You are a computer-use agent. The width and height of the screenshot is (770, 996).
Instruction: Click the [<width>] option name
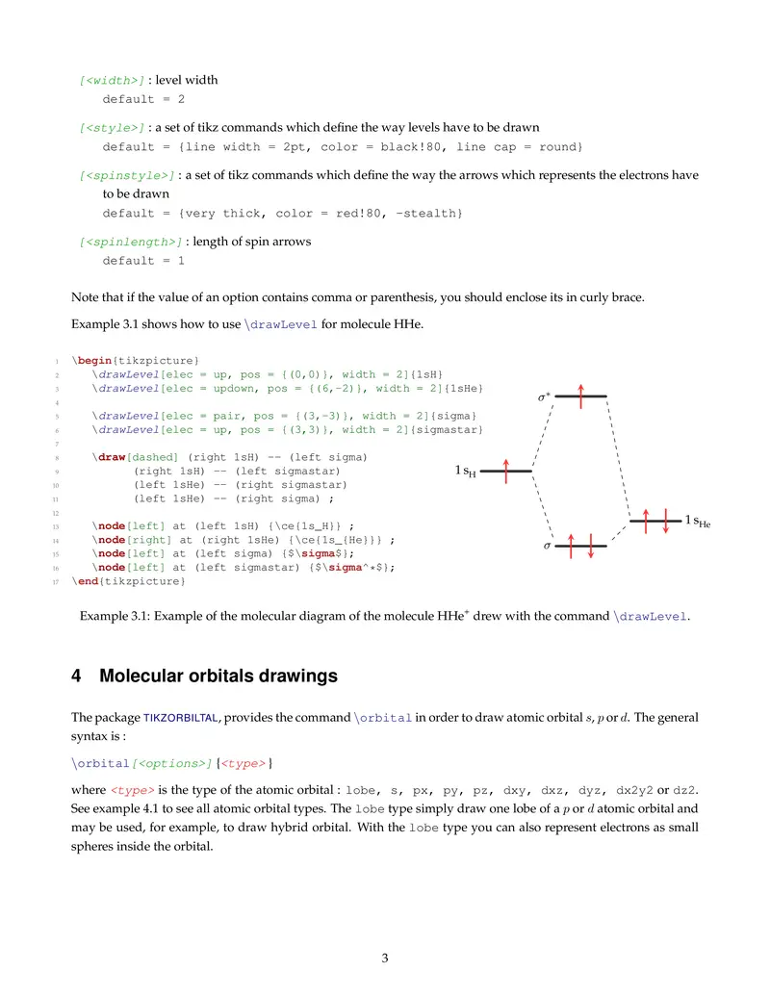pyautogui.click(x=112, y=80)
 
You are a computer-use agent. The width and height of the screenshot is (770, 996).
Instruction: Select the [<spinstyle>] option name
pyautogui.click(x=127, y=175)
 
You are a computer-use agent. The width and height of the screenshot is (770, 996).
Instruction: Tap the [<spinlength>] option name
pyautogui.click(x=131, y=242)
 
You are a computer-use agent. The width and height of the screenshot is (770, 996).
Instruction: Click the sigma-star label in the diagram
pyautogui.click(x=544, y=396)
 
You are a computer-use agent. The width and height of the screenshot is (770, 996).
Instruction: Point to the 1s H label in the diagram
pyautogui.click(x=465, y=472)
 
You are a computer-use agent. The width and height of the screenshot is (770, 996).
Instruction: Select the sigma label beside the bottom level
pyautogui.click(x=547, y=546)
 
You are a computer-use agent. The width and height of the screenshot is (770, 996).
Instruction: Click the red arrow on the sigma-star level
pyautogui.click(x=581, y=396)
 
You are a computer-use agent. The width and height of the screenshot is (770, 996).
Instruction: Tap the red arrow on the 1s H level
pyautogui.click(x=505, y=471)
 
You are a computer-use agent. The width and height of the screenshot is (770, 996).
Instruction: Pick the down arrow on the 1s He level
pyautogui.click(x=665, y=521)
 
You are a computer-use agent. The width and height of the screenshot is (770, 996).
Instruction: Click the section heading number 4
pyautogui.click(x=77, y=677)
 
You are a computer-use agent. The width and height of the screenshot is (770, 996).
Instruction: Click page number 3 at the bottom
pyautogui.click(x=385, y=958)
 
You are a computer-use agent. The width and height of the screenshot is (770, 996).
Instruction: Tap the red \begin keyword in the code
pyautogui.click(x=91, y=359)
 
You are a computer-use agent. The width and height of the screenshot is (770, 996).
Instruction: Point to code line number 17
pyautogui.click(x=57, y=581)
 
